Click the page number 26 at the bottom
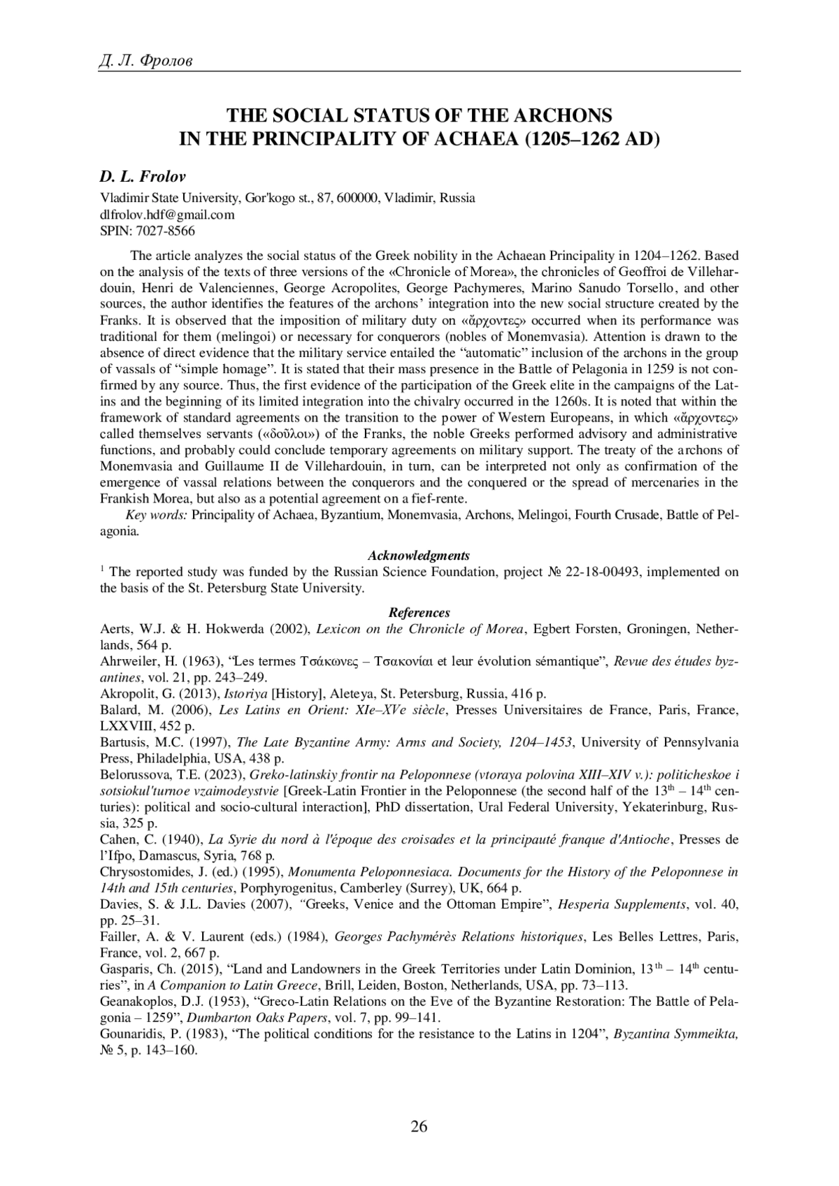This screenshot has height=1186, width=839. click(419, 1126)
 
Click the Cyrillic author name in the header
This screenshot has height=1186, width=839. click(145, 62)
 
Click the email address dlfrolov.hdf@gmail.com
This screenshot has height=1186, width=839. click(167, 215)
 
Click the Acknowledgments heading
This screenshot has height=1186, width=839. click(419, 556)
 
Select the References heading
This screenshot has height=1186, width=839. click(419, 613)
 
